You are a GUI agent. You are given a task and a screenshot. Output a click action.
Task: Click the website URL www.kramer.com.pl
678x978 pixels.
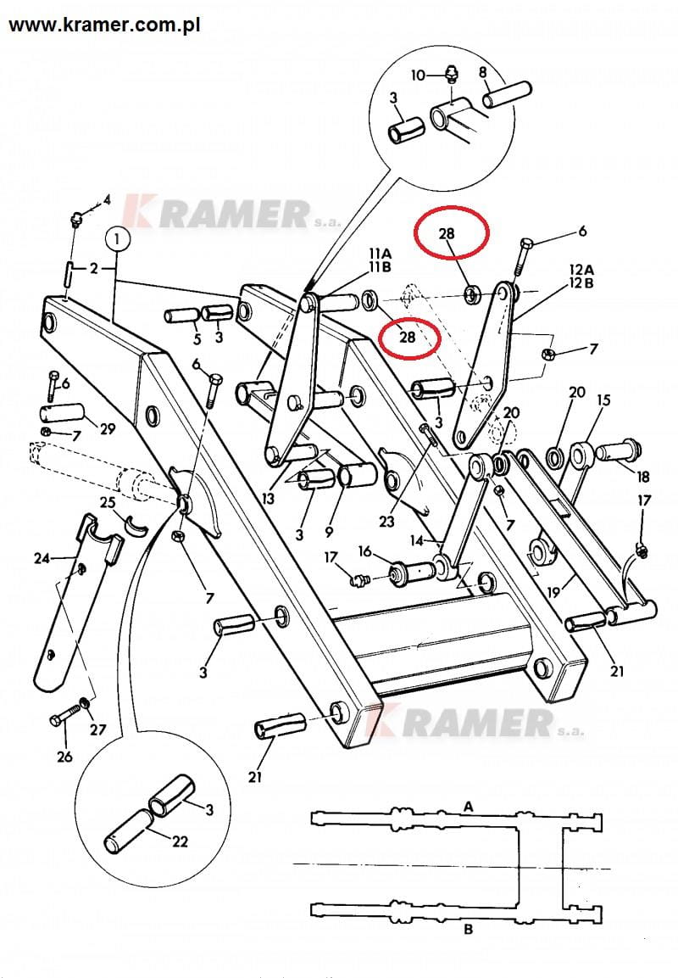point(104,25)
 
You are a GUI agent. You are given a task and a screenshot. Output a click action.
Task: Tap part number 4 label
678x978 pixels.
point(107,200)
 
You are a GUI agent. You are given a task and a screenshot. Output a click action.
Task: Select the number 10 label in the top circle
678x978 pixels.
point(417,75)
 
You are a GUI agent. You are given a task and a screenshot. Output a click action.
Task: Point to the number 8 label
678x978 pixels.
point(483,72)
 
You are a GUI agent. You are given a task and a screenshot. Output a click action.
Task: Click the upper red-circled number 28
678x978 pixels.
point(448,232)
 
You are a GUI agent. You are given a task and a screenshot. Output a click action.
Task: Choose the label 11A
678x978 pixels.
point(379,254)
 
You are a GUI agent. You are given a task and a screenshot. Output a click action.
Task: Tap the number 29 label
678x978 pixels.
point(107,429)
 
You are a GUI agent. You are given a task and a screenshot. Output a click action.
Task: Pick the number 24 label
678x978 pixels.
point(42,558)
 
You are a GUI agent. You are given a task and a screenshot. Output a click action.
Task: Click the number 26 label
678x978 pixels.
point(64,757)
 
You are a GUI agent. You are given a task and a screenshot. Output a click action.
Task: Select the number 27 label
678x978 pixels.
point(98,729)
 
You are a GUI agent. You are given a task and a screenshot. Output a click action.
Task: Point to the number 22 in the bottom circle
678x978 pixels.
point(179,841)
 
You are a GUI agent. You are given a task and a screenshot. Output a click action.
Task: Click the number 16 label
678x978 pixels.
point(364,551)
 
